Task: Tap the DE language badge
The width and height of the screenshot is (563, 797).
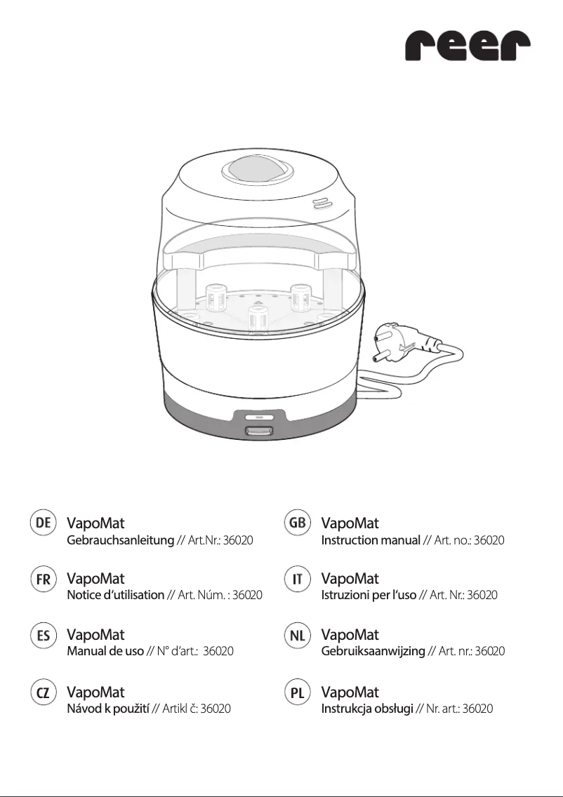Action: pos(44,523)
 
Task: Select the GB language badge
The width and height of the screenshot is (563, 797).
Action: pos(298,523)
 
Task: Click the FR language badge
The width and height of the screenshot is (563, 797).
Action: pos(44,579)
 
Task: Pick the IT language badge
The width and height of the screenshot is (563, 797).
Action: pos(298,579)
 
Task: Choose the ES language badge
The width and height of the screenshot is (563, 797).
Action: pos(44,636)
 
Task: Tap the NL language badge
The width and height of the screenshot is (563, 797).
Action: pos(298,636)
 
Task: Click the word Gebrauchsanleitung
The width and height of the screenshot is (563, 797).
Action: pos(119,541)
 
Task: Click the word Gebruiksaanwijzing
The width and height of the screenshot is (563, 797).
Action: pos(373,651)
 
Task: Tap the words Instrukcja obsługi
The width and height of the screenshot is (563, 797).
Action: pos(367,709)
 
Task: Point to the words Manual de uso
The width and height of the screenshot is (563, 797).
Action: pos(105,651)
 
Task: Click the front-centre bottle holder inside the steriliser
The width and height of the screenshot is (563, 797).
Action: pos(257,319)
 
